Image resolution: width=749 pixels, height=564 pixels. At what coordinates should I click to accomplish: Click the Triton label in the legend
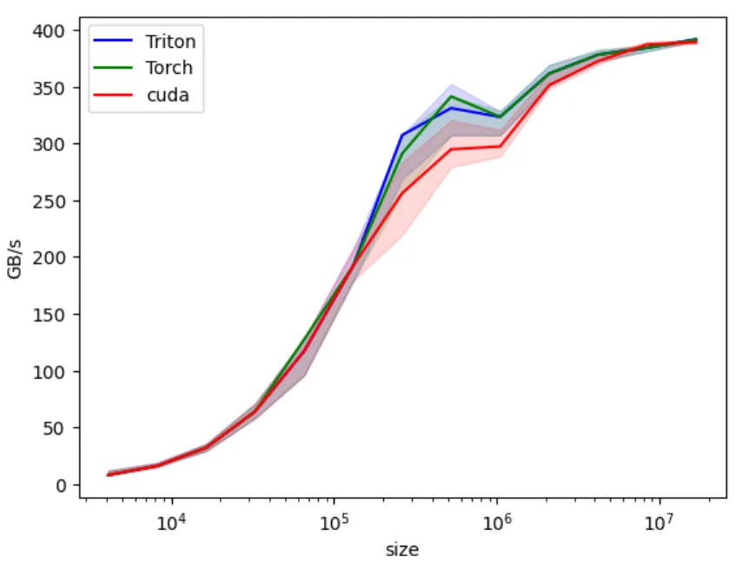170,41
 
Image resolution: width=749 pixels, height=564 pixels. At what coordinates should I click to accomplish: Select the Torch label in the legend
169,68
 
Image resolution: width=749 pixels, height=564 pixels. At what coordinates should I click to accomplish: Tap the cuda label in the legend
165,95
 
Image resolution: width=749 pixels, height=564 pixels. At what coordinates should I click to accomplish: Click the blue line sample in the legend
115,41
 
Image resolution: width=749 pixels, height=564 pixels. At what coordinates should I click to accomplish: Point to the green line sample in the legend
115,68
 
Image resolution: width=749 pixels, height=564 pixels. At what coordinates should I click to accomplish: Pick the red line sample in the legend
115,95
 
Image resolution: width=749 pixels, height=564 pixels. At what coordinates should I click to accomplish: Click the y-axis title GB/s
15,257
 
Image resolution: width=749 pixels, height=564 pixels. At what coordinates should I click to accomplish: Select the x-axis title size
402,549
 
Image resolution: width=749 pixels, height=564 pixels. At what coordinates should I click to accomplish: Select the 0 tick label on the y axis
61,485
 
